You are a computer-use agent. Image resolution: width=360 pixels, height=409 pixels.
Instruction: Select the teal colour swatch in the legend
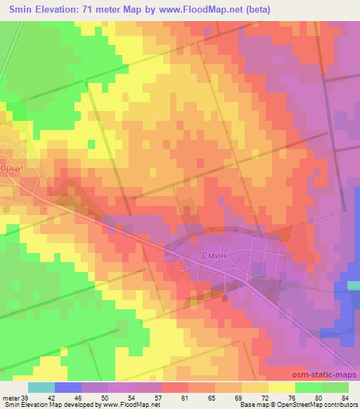point(41,387)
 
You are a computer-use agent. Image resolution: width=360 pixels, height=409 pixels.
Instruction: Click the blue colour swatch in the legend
point(68,387)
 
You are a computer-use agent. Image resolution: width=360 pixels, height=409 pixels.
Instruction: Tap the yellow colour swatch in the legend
point(282,387)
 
